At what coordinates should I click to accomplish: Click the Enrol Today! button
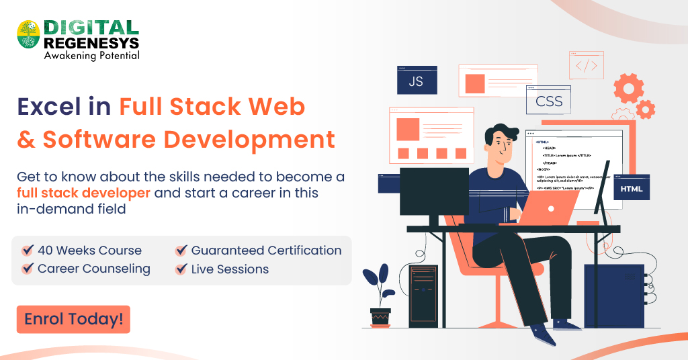tap(73, 320)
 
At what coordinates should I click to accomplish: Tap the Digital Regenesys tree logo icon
tap(28, 34)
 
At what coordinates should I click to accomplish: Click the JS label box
tap(417, 81)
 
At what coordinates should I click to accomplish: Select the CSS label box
tap(549, 102)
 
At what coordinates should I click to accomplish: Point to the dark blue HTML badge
tap(631, 189)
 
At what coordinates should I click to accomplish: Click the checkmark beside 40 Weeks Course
tap(28, 251)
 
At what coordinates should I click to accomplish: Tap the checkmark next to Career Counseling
tap(28, 269)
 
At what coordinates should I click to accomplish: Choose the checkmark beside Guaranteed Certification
tap(181, 251)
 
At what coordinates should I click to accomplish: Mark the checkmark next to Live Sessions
tap(181, 269)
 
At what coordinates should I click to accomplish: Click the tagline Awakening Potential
tap(91, 56)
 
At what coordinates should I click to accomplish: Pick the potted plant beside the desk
tap(379, 296)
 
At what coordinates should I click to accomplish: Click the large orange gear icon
tap(628, 88)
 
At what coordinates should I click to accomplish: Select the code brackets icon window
tap(586, 65)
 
